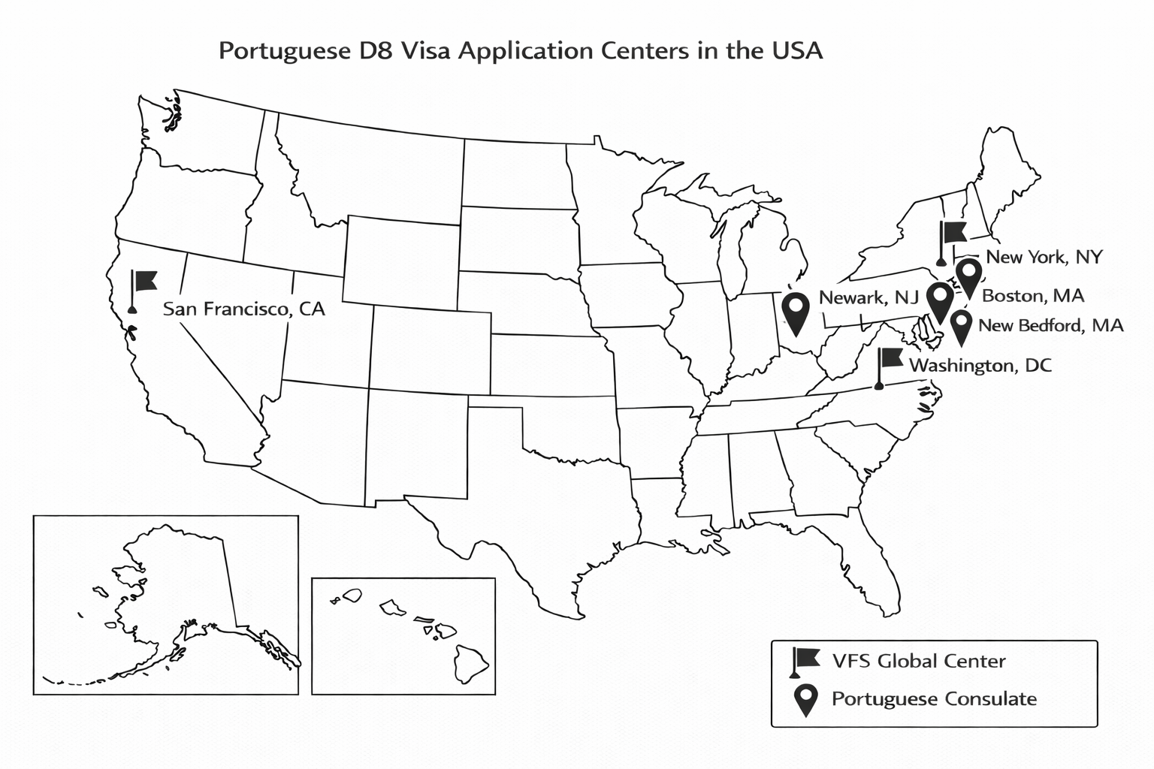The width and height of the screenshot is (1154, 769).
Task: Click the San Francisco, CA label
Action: click(x=243, y=309)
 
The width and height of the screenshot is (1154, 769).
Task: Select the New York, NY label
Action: click(x=1044, y=257)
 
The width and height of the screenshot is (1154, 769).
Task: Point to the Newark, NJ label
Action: click(x=869, y=297)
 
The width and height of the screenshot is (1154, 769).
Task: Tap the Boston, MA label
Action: click(x=1033, y=296)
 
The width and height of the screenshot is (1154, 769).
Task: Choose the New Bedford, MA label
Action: click(x=1050, y=325)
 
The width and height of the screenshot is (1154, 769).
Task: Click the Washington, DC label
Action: click(x=980, y=366)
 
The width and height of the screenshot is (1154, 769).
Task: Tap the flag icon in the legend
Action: click(x=804, y=661)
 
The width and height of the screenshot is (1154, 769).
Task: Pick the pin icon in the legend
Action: click(x=805, y=699)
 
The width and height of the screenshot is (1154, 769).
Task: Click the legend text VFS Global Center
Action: click(x=918, y=661)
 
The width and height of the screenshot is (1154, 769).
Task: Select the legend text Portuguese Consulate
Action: click(x=934, y=699)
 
